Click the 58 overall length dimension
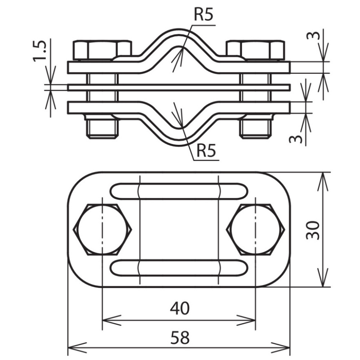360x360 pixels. (180, 337)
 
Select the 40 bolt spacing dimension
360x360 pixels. (180, 308)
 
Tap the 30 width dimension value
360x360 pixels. (313, 230)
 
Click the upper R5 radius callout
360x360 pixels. (203, 15)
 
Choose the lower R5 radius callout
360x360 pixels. (206, 151)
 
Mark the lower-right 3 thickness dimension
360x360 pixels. (296, 139)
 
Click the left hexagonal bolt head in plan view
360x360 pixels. (102, 230)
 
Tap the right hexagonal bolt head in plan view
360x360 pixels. (255, 230)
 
